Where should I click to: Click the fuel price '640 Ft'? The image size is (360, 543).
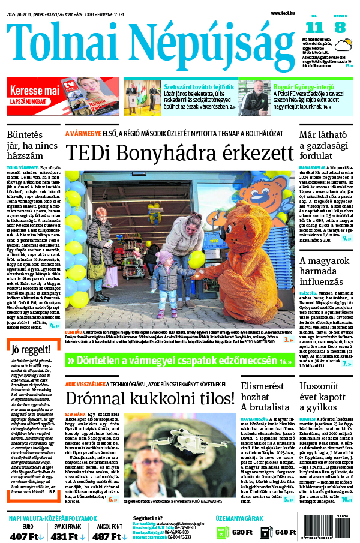[x=285, y=532]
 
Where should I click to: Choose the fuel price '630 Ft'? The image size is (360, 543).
[x=242, y=532]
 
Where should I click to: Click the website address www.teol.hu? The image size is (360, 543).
[x=283, y=13]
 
